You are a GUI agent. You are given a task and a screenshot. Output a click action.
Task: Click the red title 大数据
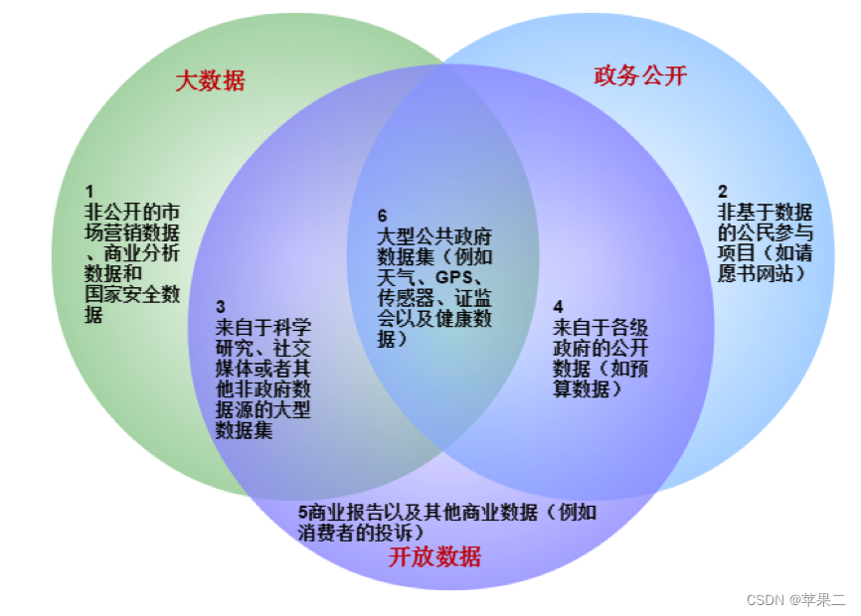click(x=210, y=80)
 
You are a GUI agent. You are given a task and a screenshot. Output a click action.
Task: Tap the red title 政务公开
click(x=640, y=76)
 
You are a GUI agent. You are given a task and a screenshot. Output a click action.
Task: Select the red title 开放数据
click(x=434, y=556)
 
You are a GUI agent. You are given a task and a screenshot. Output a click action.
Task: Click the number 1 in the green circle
click(x=89, y=191)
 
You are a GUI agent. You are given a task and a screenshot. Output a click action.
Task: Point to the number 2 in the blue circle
click(x=723, y=191)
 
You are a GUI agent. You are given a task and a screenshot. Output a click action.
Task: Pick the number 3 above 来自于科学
click(x=221, y=306)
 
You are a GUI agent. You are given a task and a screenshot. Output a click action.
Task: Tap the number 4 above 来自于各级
click(x=558, y=306)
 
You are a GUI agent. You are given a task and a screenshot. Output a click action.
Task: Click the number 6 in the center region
click(x=383, y=216)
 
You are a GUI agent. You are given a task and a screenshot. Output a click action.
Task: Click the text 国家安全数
click(x=132, y=295)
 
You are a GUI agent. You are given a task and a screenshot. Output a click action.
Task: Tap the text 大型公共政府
click(x=434, y=236)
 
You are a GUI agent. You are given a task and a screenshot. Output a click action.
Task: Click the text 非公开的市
click(x=132, y=212)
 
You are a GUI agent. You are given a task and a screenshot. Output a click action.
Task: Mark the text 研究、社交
click(x=263, y=348)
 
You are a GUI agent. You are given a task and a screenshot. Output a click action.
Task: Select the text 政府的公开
click(x=601, y=348)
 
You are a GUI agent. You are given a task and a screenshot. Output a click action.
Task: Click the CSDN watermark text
click(x=795, y=600)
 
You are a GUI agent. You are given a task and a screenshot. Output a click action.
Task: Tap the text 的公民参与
click(x=765, y=232)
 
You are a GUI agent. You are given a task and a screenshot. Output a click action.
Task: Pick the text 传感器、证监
click(x=434, y=298)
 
